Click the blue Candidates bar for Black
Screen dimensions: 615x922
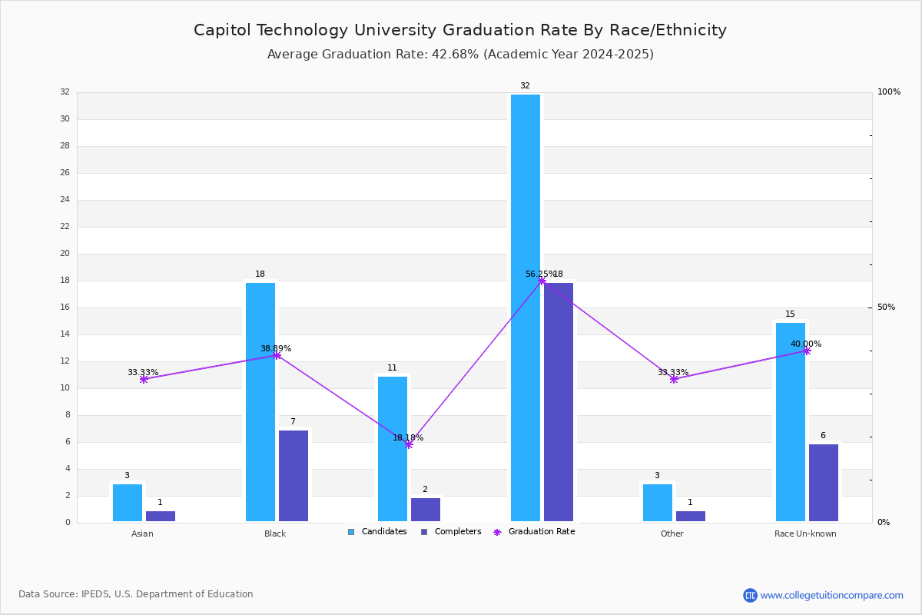[x=260, y=402]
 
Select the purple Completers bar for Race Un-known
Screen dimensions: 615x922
[x=824, y=483]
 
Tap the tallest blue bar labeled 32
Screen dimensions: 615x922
[x=526, y=307]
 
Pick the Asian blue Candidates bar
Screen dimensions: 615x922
[x=128, y=503]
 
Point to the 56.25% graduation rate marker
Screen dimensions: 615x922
[x=542, y=281]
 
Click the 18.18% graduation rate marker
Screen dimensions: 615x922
[x=409, y=444]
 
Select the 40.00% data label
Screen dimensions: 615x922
[x=806, y=344]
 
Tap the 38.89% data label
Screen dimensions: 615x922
[x=276, y=348]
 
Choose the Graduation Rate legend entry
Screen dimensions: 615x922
[x=541, y=532]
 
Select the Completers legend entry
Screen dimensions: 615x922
[x=457, y=532]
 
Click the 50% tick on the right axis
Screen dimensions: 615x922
[x=886, y=307]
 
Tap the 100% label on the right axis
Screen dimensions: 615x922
[x=889, y=92]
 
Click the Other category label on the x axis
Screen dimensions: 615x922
[x=672, y=534]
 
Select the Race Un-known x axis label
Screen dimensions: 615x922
[x=805, y=534]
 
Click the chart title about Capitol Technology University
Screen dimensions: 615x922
[x=460, y=30]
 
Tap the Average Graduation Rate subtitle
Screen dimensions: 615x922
[x=460, y=55]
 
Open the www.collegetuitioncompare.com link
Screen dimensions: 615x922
[x=831, y=595]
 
